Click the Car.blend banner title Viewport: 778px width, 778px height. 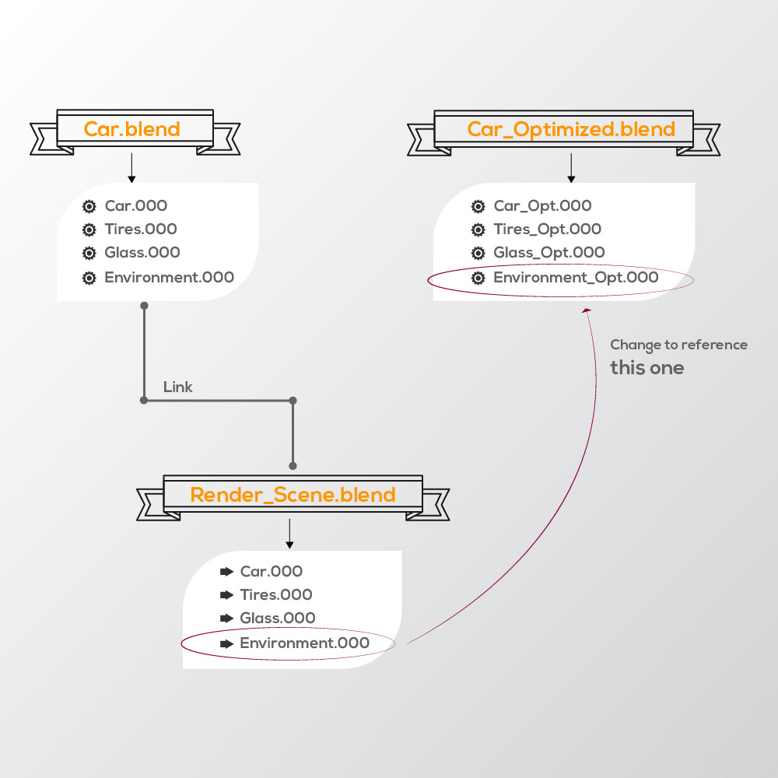[132, 129]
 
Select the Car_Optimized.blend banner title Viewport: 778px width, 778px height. [571, 129]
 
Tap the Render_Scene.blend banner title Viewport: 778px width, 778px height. [293, 495]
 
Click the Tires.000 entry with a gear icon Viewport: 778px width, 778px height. [141, 229]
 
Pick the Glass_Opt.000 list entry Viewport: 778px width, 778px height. [548, 252]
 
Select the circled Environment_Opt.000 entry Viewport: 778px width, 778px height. [576, 277]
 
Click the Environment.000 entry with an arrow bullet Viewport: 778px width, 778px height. [304, 643]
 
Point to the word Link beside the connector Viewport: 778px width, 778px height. [178, 387]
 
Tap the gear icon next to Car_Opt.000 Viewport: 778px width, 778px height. [478, 206]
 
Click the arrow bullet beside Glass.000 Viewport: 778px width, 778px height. [226, 618]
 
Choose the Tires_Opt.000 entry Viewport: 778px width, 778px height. [547, 229]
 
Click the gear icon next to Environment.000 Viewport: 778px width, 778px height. [89, 278]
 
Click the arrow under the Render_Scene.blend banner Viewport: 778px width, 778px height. [289, 534]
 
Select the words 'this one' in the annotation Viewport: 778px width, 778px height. [647, 368]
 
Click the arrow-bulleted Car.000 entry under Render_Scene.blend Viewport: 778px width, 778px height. [271, 571]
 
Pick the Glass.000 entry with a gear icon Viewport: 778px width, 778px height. [142, 252]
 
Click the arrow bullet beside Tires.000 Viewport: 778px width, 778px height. [226, 594]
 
